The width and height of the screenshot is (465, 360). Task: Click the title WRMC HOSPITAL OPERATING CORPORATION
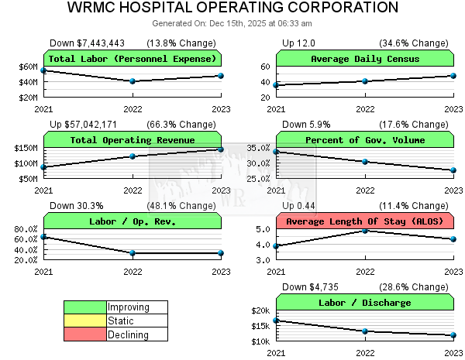[232, 8]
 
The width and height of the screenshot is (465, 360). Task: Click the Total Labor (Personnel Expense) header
[133, 59]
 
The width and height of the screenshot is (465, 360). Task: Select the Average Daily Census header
[365, 59]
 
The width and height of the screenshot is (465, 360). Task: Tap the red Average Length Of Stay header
[365, 221]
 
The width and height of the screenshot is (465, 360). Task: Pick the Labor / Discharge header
[365, 303]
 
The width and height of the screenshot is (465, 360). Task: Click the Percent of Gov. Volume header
[365, 140]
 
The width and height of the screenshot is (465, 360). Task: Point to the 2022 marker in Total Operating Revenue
[133, 156]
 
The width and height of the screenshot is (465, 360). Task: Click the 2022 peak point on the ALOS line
[365, 231]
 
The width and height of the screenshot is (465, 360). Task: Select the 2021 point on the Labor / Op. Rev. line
[44, 237]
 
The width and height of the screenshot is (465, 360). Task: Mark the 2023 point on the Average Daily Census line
[453, 76]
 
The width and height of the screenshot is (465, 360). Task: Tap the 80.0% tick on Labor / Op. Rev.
[26, 229]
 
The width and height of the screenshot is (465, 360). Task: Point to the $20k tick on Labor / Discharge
[260, 310]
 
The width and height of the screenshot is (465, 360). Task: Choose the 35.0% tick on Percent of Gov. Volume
[258, 148]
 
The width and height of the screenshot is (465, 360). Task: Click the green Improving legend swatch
[85, 307]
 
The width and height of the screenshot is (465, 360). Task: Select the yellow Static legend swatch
[85, 321]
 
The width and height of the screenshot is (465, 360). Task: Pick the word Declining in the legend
[129, 335]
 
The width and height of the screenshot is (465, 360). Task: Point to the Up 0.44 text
[298, 206]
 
